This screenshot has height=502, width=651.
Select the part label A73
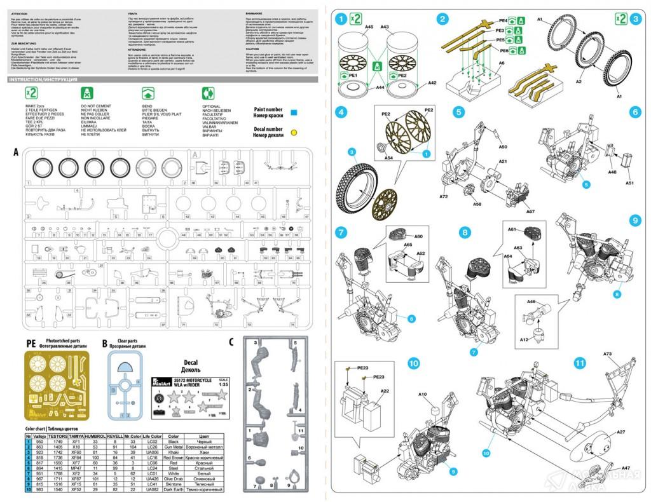[606, 354]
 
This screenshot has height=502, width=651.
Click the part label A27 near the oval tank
[620, 432]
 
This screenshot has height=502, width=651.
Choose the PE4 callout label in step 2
[503, 21]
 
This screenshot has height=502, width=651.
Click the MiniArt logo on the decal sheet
[160, 383]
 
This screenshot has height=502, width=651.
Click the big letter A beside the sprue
[15, 153]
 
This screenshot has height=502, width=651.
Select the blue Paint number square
[294, 112]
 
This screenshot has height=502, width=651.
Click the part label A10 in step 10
[423, 395]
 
